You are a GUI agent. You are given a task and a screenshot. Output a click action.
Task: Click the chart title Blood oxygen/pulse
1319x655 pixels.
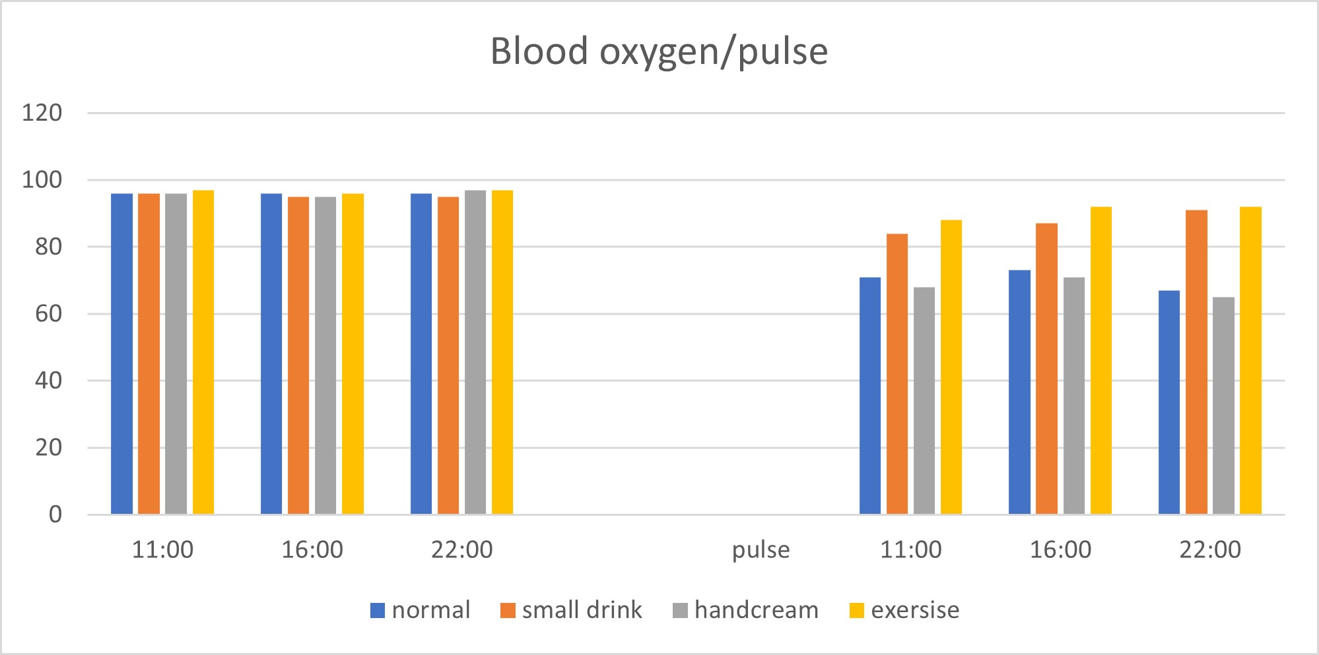(659, 51)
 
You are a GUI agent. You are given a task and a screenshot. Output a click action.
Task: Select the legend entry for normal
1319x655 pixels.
(421, 610)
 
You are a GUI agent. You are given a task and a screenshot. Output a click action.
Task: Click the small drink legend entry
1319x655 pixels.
(572, 610)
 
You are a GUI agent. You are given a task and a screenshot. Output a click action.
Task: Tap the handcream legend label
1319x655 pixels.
(746, 610)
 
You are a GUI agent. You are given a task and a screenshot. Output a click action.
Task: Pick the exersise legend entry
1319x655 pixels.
(904, 610)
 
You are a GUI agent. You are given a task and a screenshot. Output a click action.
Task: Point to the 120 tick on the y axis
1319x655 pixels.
(42, 113)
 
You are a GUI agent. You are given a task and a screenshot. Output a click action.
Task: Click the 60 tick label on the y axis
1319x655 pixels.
(48, 313)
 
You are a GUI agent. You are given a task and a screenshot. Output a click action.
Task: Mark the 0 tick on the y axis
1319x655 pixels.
(55, 515)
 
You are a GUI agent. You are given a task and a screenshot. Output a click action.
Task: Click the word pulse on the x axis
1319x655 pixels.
(761, 549)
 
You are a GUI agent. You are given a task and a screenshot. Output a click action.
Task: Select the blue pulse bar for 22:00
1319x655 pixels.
(1169, 402)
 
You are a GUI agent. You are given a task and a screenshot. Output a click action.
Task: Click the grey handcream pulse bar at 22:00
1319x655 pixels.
(1223, 406)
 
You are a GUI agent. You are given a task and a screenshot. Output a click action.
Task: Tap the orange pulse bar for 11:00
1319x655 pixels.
(897, 374)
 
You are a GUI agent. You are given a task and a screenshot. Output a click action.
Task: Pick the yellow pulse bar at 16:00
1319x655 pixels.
(1101, 361)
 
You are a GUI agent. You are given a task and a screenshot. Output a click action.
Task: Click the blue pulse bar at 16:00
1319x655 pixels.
(1019, 392)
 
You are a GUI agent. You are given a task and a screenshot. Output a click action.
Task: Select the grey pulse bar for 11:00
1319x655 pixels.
(924, 401)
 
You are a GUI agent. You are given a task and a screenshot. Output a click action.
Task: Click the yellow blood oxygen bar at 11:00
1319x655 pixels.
(203, 352)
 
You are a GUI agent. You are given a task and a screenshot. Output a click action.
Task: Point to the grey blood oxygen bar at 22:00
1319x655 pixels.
(475, 352)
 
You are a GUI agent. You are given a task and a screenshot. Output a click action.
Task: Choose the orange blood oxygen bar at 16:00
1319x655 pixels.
(298, 356)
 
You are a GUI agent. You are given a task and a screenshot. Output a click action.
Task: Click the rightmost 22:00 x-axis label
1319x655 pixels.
(1210, 549)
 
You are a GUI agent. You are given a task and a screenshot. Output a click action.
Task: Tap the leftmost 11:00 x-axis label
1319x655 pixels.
(162, 549)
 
